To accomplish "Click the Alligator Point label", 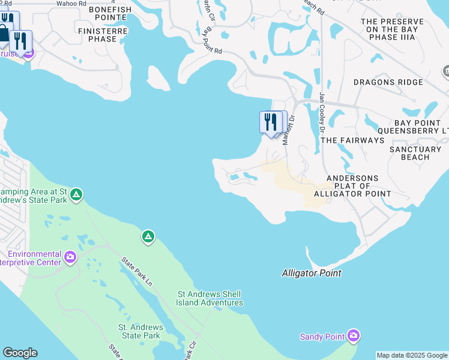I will point(312,273).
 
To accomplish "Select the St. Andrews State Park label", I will point(139,331).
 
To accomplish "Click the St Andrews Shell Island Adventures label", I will point(209,298).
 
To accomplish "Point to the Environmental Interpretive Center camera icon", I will point(70,258).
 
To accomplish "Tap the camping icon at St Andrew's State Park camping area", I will point(76,194).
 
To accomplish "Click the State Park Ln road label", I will point(137,272).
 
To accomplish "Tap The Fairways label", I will point(352,140).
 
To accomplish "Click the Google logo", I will point(20,353).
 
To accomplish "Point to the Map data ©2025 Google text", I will point(412,355).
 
